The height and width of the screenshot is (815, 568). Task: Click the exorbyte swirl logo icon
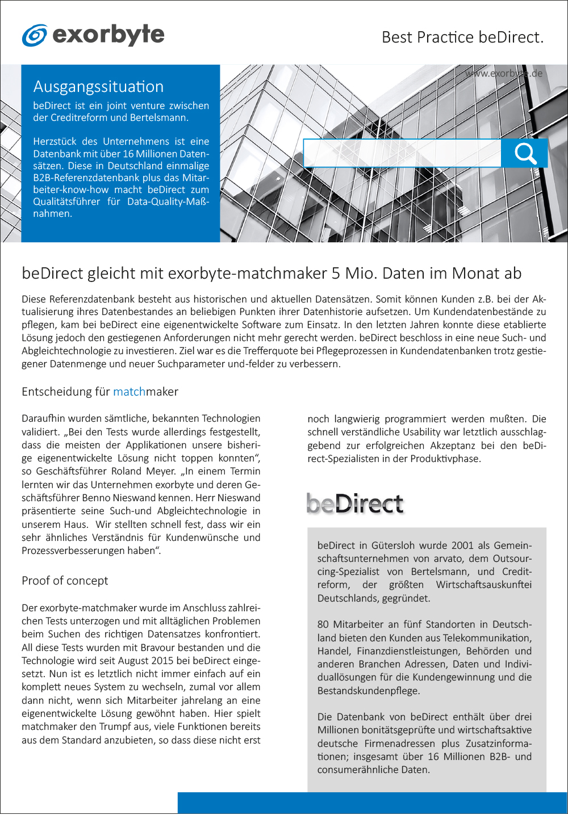(34, 35)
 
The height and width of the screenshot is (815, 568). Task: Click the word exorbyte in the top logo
(108, 35)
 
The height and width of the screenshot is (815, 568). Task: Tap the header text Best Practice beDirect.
(462, 37)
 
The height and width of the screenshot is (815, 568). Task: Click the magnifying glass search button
(525, 153)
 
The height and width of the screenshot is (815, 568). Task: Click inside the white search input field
(402, 153)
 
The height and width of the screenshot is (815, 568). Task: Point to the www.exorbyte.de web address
(503, 73)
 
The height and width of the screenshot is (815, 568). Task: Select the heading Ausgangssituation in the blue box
(98, 87)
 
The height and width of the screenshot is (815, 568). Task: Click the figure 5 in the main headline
(336, 274)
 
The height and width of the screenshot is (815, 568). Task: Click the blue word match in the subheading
(129, 392)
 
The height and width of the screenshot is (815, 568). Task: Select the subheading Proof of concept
(65, 581)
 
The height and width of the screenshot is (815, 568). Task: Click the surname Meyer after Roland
(160, 471)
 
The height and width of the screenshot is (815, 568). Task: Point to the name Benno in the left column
(96, 498)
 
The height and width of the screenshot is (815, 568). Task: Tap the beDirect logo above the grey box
(355, 503)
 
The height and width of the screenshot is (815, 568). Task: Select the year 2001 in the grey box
(462, 545)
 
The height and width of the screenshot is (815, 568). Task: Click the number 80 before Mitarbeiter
(323, 624)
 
